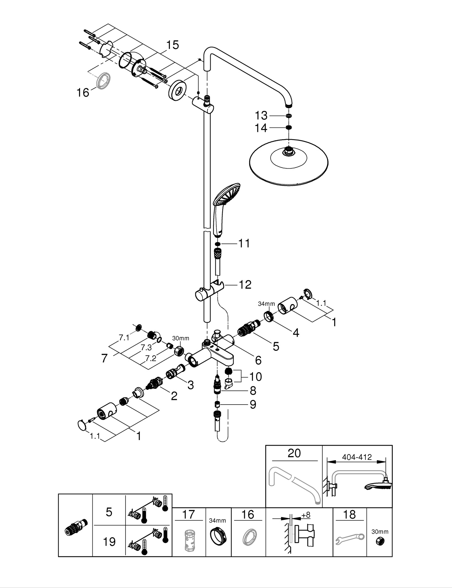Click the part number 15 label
click(x=172, y=45)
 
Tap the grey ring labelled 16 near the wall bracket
click(x=103, y=81)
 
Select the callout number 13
click(x=261, y=116)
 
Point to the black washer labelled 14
click(x=289, y=127)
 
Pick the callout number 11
click(x=244, y=243)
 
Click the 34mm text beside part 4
click(x=266, y=304)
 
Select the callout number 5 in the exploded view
click(x=276, y=346)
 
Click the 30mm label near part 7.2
click(x=180, y=338)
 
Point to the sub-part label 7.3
click(x=146, y=347)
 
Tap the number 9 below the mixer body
click(x=253, y=404)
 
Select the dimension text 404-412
click(x=357, y=457)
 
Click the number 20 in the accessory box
click(x=294, y=453)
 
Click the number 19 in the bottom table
click(x=109, y=542)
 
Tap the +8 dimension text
click(x=305, y=515)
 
